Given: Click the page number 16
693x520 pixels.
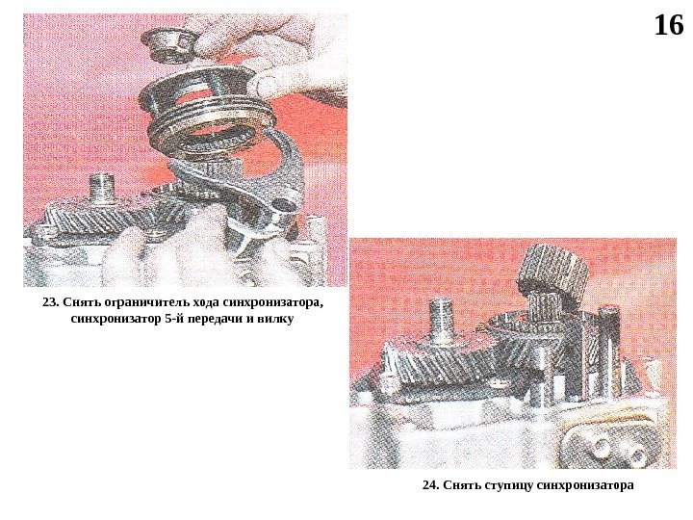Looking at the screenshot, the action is tap(668, 25).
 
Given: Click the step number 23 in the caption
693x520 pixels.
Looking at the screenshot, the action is tap(49, 303).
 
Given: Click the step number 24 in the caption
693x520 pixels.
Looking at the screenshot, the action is tap(429, 485).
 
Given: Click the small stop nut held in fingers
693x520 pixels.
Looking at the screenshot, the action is tap(167, 45).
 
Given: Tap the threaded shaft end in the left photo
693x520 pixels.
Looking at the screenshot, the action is tap(102, 190).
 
